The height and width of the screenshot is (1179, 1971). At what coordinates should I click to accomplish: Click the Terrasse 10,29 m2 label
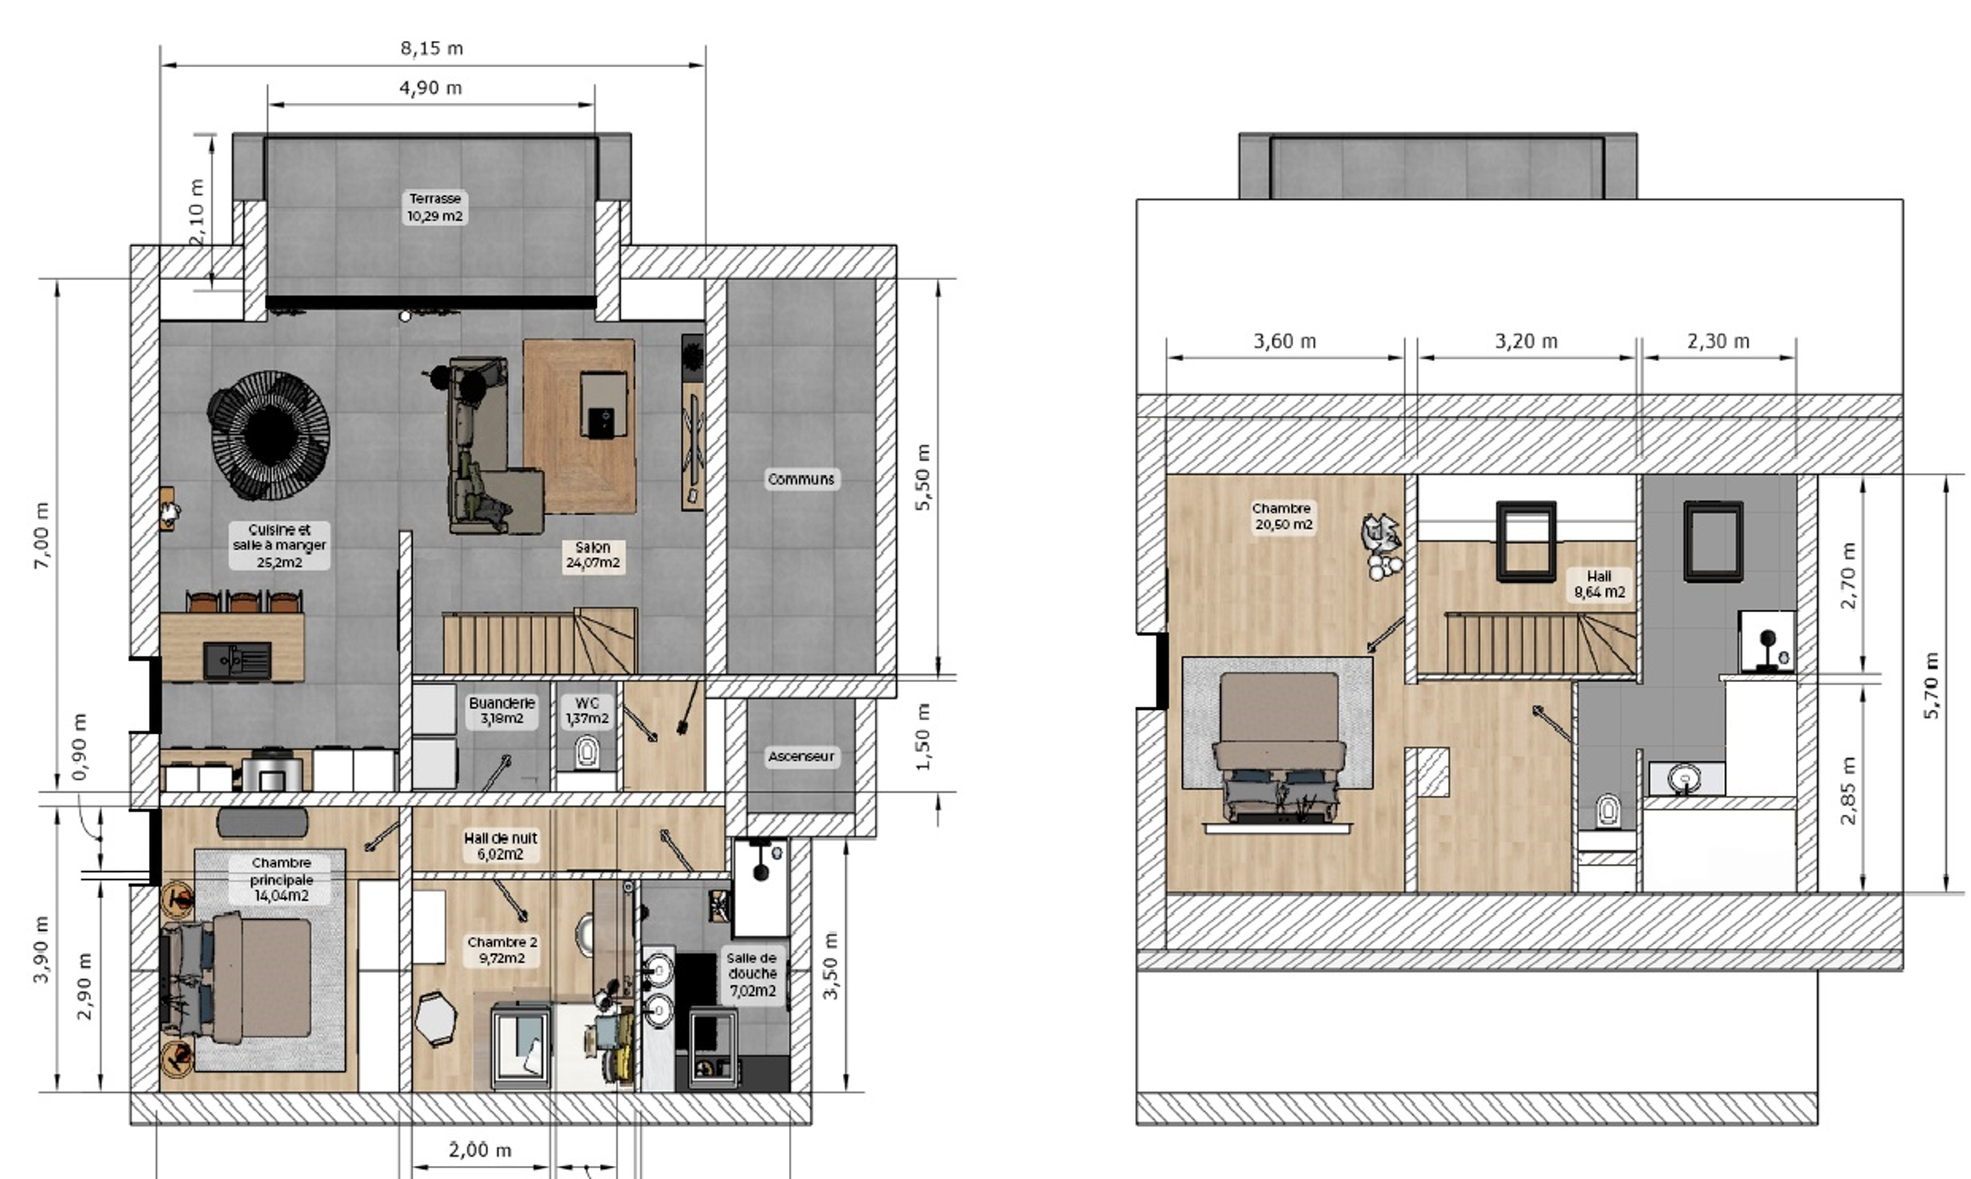click(435, 208)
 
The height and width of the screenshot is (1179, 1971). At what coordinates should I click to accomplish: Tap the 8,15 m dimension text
click(432, 48)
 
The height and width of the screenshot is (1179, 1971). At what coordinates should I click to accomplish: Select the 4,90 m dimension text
click(431, 88)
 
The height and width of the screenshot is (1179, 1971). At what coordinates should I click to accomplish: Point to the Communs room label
click(801, 479)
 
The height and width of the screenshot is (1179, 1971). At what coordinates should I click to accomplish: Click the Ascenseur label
click(801, 757)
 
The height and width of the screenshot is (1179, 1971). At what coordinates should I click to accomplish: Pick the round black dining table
click(268, 434)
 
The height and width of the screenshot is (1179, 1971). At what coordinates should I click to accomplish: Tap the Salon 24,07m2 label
click(593, 555)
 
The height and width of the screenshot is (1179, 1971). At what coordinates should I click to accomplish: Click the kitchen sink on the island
click(237, 661)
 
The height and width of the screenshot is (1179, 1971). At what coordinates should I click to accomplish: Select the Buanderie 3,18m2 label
click(502, 711)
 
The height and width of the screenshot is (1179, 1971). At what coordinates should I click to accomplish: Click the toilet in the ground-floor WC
click(586, 752)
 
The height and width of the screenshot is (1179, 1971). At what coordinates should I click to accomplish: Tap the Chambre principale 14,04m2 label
click(281, 879)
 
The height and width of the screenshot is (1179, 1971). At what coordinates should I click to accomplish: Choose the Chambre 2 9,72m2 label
click(502, 950)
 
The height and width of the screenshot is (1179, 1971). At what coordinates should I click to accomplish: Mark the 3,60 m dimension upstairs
click(1285, 341)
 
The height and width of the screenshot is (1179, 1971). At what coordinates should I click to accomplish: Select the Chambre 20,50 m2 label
click(1283, 517)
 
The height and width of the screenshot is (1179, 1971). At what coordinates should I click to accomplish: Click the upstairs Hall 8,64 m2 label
click(1599, 584)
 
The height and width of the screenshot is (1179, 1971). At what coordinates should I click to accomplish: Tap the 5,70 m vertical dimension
click(1932, 685)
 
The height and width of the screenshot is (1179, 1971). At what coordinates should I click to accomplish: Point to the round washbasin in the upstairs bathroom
click(1684, 778)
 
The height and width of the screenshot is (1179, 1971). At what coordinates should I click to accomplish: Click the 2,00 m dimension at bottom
click(480, 1150)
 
